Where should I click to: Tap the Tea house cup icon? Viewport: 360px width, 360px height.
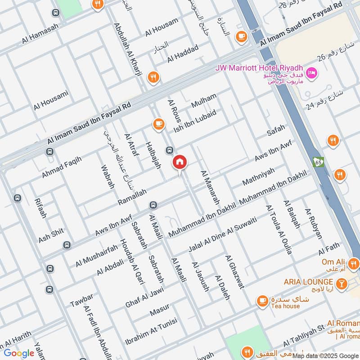(262, 300)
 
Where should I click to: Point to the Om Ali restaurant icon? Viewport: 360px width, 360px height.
(353, 264)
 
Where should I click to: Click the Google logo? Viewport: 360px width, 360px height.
(19, 353)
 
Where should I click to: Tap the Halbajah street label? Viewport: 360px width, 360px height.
(153, 155)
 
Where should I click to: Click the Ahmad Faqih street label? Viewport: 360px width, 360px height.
(62, 166)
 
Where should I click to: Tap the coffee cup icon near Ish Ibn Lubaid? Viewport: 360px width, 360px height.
(158, 124)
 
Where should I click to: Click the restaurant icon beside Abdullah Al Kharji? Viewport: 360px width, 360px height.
(153, 77)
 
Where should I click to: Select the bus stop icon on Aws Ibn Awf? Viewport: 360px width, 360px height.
(154, 205)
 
